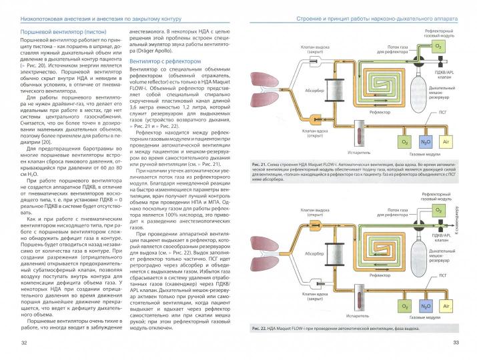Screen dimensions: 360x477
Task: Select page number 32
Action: coord(24,343)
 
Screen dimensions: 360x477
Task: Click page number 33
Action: coord(455,343)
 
